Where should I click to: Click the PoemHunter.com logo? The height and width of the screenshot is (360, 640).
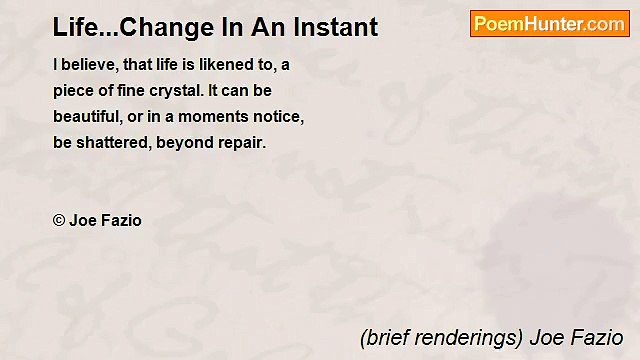[549, 23]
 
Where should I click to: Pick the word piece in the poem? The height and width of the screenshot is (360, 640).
[74, 90]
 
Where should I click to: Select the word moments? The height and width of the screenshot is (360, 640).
[216, 116]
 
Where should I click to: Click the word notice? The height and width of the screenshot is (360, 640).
[279, 116]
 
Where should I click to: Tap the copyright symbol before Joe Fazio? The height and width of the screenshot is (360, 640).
[59, 220]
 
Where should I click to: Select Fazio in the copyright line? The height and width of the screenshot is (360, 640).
[121, 220]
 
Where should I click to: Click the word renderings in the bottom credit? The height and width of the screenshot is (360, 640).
[471, 338]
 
